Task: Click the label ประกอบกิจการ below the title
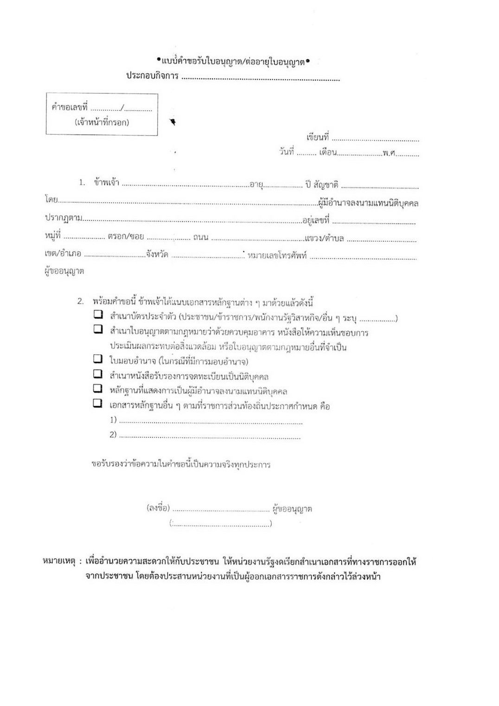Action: [x=152, y=76]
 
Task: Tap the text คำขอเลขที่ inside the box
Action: [x=70, y=108]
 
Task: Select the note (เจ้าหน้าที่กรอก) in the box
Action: [x=102, y=122]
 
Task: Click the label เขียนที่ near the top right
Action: [x=317, y=137]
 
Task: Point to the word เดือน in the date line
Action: [x=327, y=152]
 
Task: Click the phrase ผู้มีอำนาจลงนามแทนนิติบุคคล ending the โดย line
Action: [x=368, y=203]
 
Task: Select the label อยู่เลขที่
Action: [x=316, y=220]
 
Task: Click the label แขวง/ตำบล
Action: [x=324, y=238]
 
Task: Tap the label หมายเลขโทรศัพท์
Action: [x=277, y=256]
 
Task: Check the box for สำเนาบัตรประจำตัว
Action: [x=97, y=314]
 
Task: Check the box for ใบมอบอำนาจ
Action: [x=97, y=359]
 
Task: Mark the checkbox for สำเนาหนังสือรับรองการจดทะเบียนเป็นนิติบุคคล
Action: [x=97, y=373]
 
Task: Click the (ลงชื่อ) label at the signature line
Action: [x=158, y=508]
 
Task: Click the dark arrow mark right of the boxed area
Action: [x=173, y=122]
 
